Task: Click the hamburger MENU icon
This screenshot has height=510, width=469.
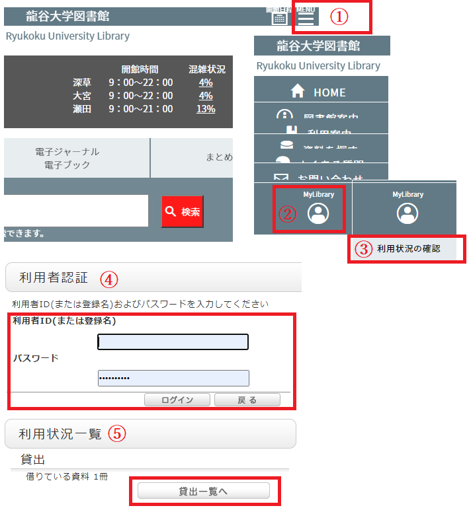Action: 306,18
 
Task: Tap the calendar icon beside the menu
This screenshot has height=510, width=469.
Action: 279,18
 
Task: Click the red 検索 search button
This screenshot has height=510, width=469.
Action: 183,211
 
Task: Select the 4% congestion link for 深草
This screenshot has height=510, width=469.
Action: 206,83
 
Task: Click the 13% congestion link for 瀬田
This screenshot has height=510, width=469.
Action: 206,109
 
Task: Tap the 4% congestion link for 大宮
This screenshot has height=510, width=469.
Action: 206,96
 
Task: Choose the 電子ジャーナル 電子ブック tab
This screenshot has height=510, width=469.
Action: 77,159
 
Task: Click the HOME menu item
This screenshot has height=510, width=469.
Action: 321,92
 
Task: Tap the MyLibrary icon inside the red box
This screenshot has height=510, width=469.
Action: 319,213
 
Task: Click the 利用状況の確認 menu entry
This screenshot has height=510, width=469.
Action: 407,249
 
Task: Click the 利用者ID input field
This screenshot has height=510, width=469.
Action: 173,342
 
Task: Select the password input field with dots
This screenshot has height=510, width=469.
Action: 173,378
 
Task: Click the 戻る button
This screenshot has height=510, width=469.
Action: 247,400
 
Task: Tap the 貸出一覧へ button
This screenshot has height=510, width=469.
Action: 204,491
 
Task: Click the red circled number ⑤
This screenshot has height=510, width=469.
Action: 116,434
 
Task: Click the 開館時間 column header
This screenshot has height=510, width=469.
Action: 140,69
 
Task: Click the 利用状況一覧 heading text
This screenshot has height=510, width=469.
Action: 60,434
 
